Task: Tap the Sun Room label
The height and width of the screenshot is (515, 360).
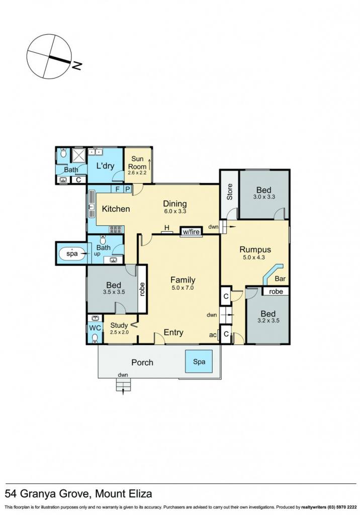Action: point(137,162)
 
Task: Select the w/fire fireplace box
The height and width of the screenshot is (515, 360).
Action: point(191,231)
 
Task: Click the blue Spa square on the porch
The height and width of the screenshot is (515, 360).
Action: point(199,362)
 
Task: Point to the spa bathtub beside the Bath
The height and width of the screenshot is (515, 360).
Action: point(72,253)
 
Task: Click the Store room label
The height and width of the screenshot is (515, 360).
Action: point(230,192)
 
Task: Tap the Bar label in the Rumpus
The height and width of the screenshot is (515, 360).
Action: point(280,279)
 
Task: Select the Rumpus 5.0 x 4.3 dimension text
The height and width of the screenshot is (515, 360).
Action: point(254,257)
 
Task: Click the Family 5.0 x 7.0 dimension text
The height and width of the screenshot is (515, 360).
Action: point(183,288)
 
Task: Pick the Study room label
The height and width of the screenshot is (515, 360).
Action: point(119,325)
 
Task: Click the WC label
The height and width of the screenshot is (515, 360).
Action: point(95,328)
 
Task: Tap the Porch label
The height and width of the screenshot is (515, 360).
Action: point(142,362)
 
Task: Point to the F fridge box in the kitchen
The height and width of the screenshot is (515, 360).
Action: point(117,189)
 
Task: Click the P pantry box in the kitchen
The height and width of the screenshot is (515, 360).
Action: point(127,189)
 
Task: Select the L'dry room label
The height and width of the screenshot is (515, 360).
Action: point(105,166)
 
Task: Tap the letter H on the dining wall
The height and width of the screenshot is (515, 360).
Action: point(167,228)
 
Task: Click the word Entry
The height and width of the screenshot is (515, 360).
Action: point(173,333)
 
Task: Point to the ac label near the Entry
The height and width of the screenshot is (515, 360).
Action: point(213,335)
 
